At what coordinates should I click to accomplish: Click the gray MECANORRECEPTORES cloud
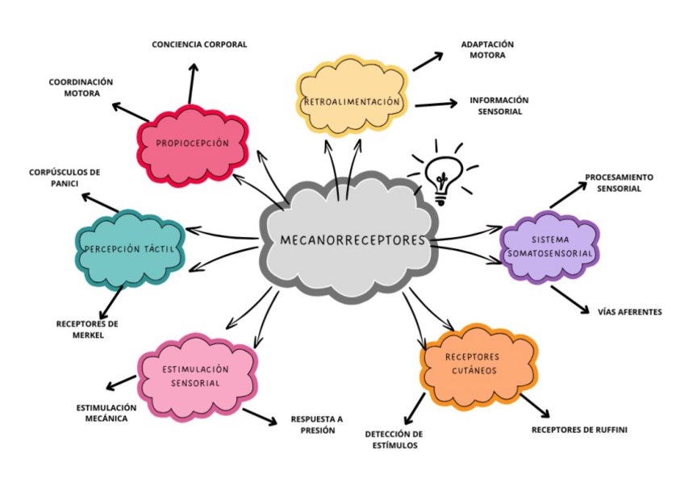click(345, 239)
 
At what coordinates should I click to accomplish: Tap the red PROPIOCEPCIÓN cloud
click(192, 144)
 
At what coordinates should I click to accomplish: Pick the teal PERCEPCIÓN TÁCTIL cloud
click(131, 248)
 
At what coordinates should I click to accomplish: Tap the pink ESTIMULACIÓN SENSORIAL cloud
click(195, 375)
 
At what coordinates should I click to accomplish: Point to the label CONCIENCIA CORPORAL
click(199, 44)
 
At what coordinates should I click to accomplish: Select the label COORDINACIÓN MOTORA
click(80, 87)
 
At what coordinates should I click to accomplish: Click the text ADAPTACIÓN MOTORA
click(487, 49)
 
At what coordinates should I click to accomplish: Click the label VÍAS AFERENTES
click(630, 311)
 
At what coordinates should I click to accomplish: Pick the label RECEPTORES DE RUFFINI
click(579, 430)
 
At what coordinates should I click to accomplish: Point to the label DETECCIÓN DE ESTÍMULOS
click(394, 439)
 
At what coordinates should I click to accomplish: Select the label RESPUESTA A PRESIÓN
click(316, 424)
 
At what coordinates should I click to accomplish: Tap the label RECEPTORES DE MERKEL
click(87, 329)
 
